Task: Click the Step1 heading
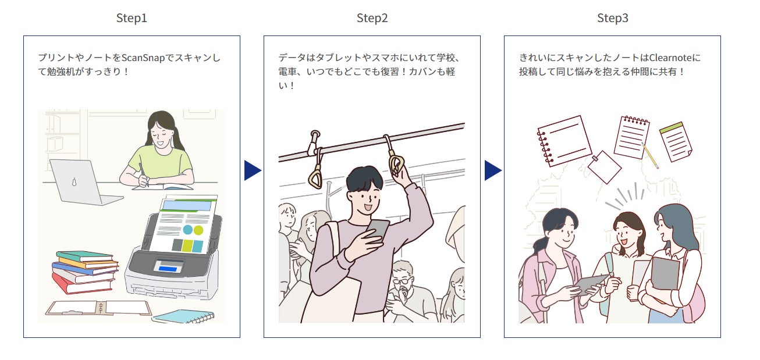click(132, 18)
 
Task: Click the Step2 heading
click(372, 18)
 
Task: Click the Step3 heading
click(612, 18)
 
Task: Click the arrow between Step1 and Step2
click(252, 170)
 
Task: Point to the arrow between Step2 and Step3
click(492, 170)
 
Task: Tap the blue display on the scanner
click(168, 268)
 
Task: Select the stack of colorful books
click(84, 272)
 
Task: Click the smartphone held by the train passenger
click(378, 229)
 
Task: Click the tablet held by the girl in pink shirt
click(588, 284)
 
